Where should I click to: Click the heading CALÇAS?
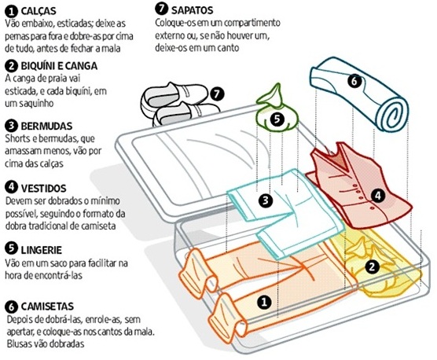click(39, 11)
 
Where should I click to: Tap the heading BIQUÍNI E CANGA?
click(59, 66)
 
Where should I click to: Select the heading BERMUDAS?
click(46, 127)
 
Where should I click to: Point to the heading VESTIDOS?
click(44, 189)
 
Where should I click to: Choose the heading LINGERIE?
click(41, 250)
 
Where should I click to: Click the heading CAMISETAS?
click(47, 307)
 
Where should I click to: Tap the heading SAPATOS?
click(192, 10)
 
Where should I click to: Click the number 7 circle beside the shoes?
click(218, 94)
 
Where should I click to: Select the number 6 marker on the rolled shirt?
click(354, 82)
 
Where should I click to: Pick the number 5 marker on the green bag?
click(277, 119)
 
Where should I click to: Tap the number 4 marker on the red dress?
click(377, 195)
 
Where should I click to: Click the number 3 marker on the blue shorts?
click(266, 200)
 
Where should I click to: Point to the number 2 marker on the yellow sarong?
click(372, 267)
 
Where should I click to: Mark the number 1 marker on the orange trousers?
click(264, 302)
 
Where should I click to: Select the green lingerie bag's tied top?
click(272, 95)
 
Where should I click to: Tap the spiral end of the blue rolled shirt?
click(393, 114)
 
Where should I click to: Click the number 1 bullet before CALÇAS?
click(12, 12)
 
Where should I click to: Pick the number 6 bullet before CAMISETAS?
click(12, 307)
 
